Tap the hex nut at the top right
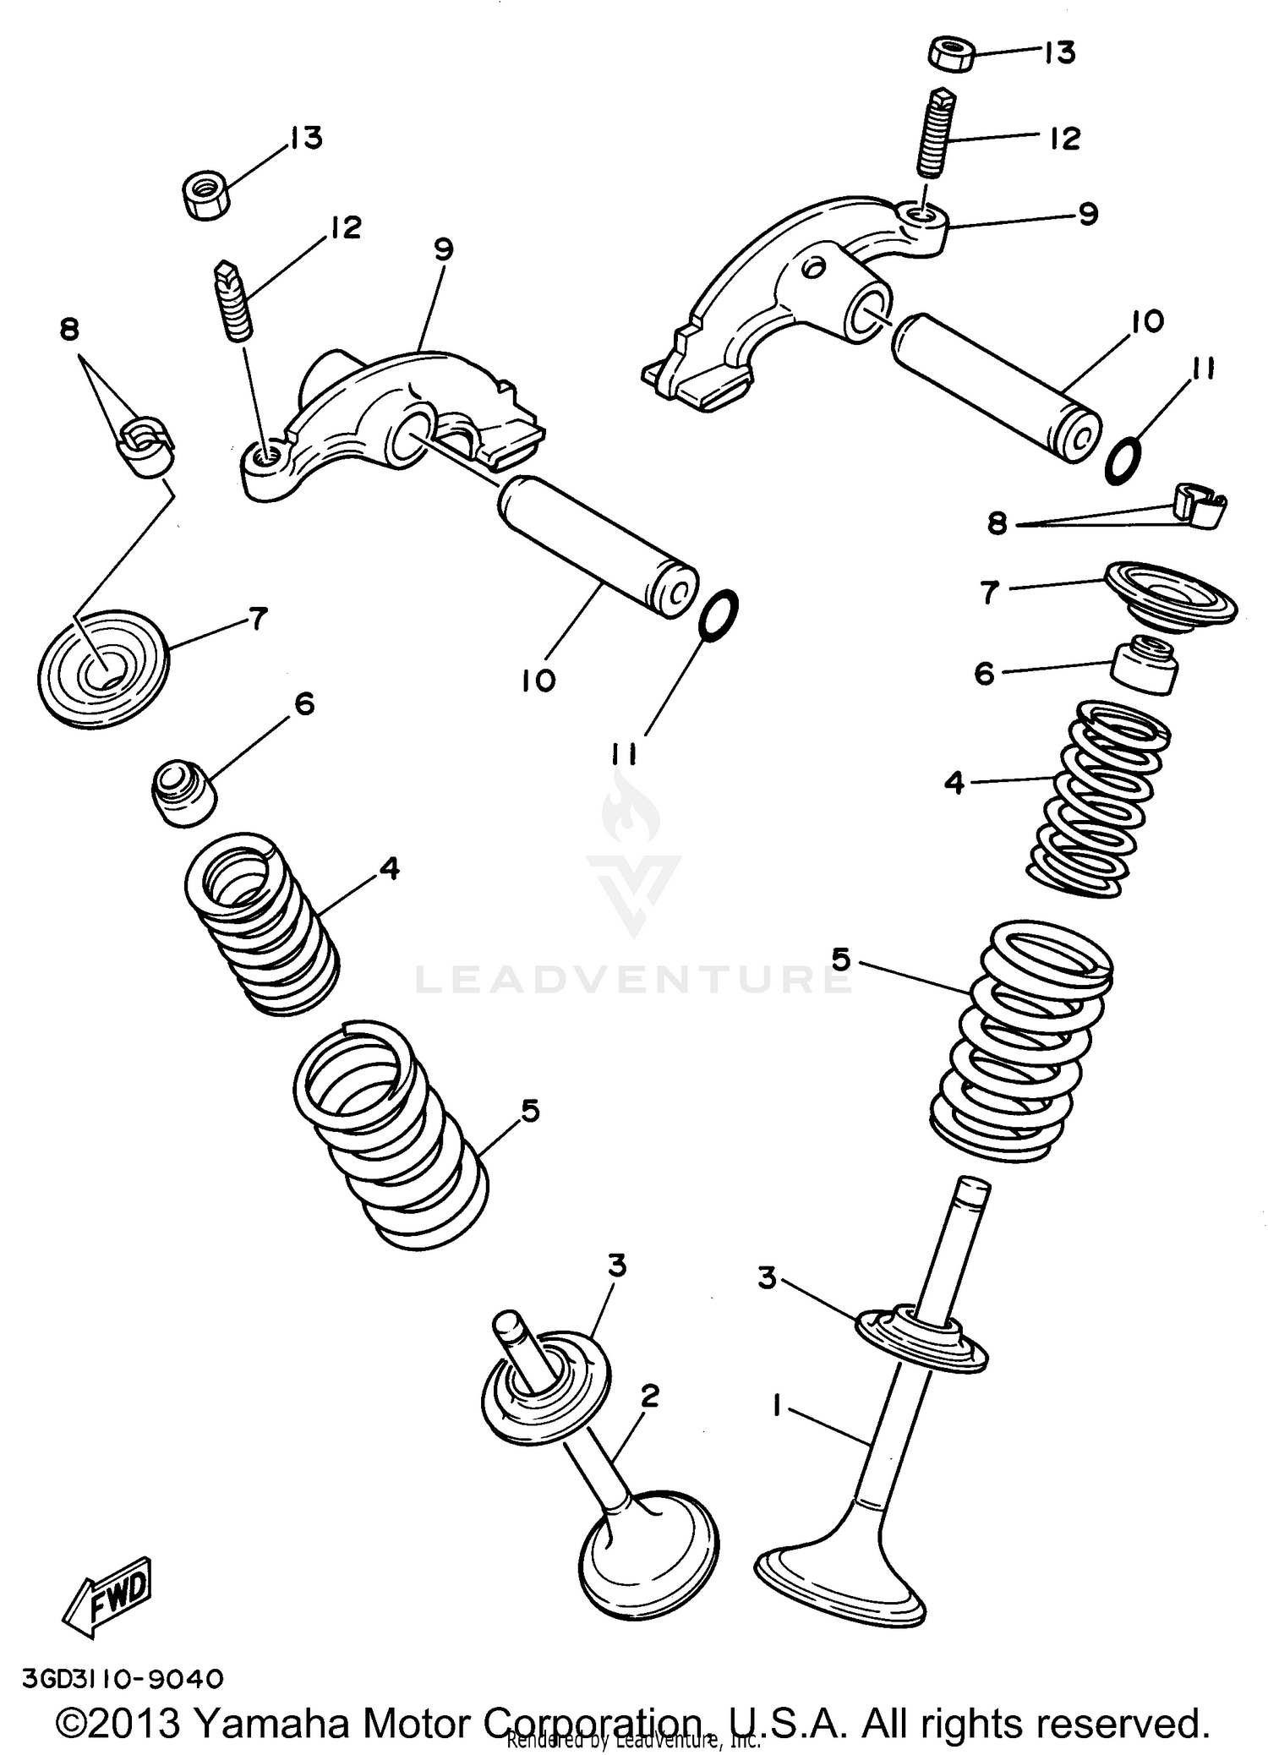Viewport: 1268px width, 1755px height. [x=953, y=55]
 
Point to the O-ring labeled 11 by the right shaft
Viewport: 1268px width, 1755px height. [x=1125, y=460]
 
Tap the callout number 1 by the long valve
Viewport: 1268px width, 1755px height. [x=775, y=1406]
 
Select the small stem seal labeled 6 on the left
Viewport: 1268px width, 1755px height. [x=183, y=791]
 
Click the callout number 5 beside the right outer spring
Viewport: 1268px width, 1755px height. [x=842, y=960]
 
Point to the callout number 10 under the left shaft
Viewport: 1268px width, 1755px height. [x=538, y=680]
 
